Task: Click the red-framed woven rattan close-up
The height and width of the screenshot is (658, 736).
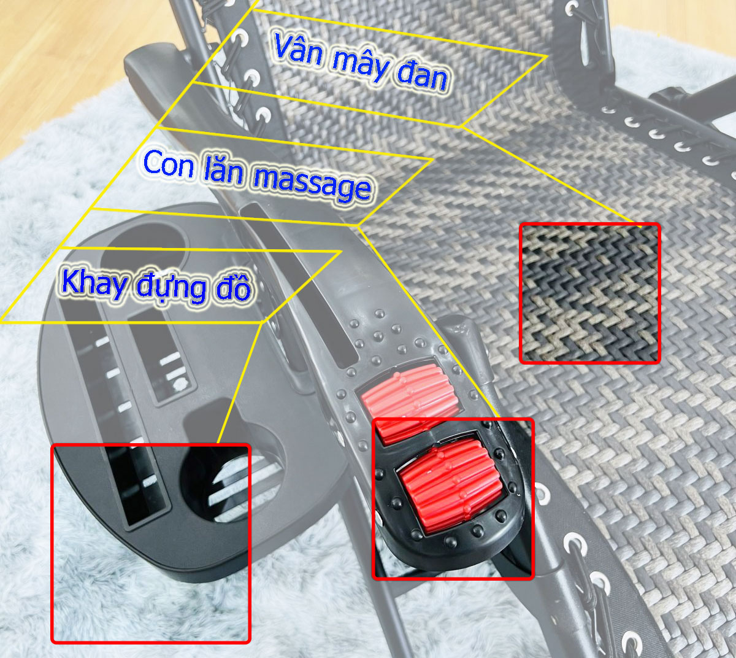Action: (x=589, y=293)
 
